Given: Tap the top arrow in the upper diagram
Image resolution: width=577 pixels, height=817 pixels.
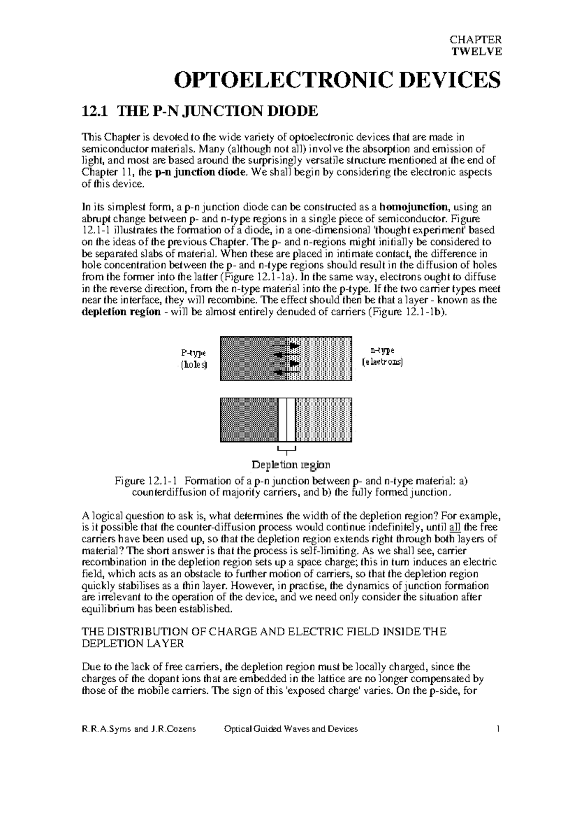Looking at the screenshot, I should (x=287, y=346).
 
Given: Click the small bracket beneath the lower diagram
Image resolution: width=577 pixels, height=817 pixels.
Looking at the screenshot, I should (x=287, y=450).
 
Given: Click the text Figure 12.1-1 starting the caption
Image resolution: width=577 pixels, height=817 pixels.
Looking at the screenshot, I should (x=146, y=481).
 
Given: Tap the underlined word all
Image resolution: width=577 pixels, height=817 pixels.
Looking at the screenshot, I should (x=453, y=527).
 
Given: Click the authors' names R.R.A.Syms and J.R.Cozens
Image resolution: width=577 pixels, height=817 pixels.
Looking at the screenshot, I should (x=139, y=729).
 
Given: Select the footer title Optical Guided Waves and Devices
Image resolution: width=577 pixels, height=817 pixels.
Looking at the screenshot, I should (x=291, y=729).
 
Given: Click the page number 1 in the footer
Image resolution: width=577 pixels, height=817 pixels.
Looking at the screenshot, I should (x=499, y=729).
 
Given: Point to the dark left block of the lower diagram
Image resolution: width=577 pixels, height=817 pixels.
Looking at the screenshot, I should (x=249, y=419).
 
